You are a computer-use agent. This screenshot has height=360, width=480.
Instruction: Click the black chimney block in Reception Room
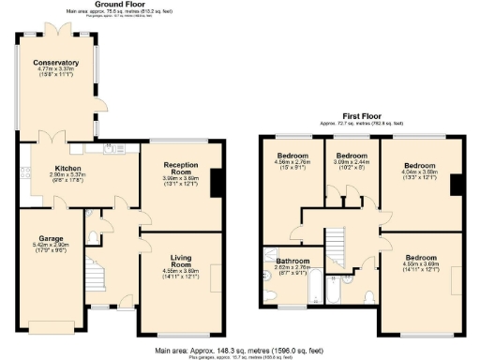[216, 183]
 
